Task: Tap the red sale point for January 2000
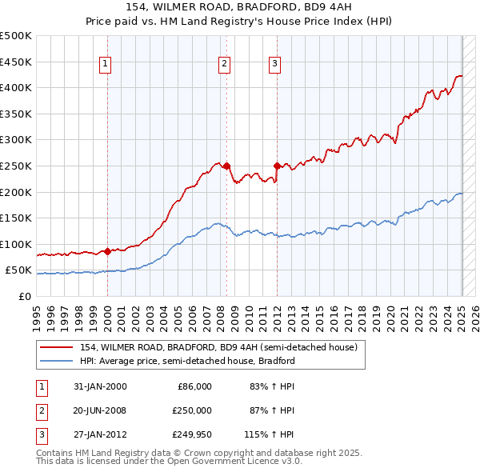click(x=107, y=251)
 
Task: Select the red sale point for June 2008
click(x=226, y=166)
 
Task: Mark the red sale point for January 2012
click(x=277, y=166)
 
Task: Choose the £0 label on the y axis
click(x=25, y=296)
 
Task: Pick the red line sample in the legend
click(x=57, y=347)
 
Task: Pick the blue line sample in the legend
click(x=57, y=361)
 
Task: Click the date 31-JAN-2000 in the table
click(x=99, y=386)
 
